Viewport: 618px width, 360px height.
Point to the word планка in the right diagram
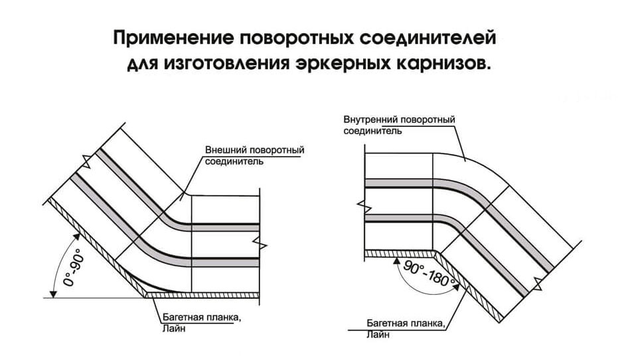click(x=427, y=323)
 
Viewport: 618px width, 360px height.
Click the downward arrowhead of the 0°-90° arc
click(x=53, y=293)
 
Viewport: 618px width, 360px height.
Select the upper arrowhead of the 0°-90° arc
click(x=77, y=236)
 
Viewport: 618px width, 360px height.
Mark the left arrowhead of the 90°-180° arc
click(x=396, y=260)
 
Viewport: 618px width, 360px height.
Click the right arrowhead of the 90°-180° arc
click(x=457, y=287)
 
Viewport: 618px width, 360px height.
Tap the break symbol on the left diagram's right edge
click(x=260, y=243)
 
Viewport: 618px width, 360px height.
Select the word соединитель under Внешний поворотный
click(x=234, y=161)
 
